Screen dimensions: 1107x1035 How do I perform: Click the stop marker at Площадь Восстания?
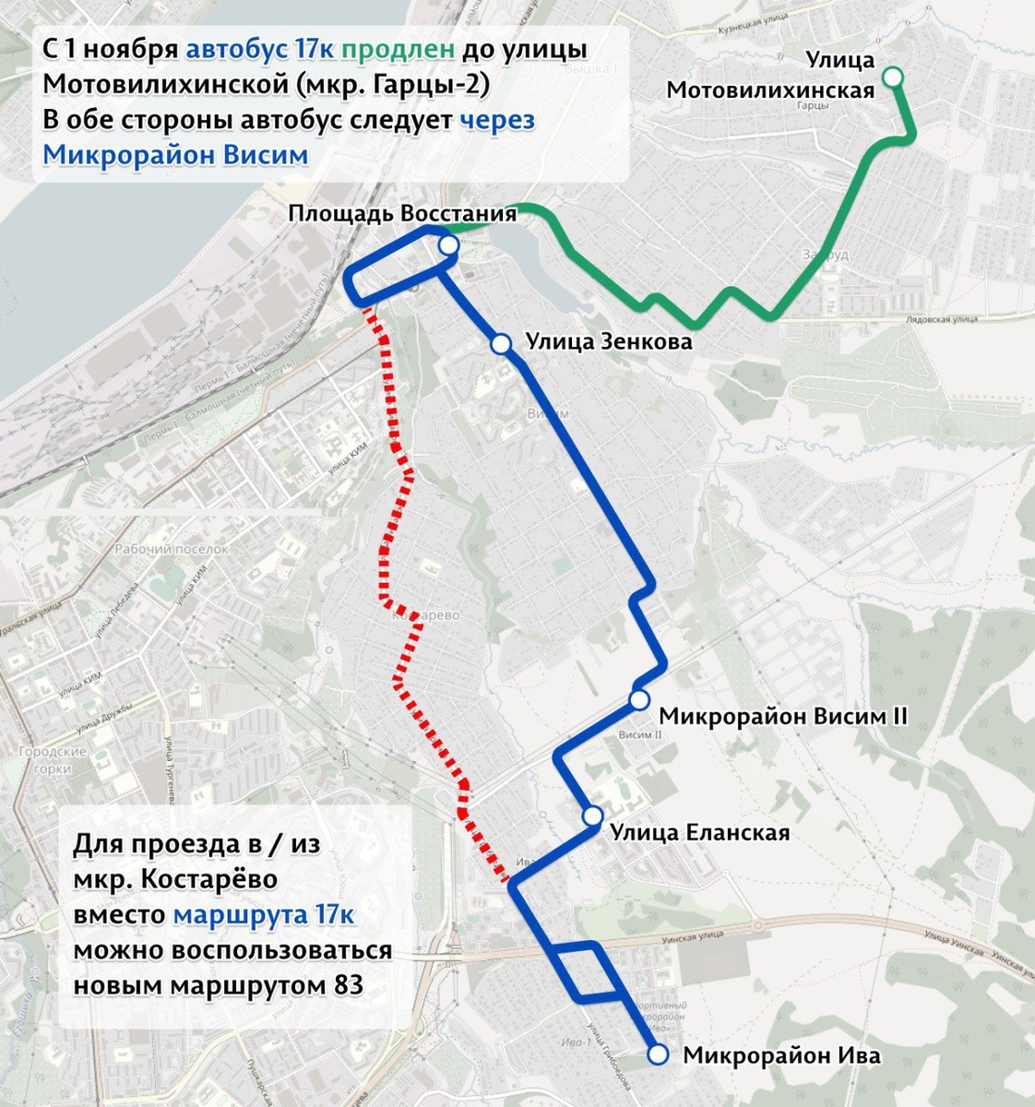tap(448, 244)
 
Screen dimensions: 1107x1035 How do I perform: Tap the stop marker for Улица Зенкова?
tap(501, 344)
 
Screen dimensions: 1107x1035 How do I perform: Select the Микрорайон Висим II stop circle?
tap(639, 700)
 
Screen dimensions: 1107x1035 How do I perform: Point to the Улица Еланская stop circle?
tap(592, 816)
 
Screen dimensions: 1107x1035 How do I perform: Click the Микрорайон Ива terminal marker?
tap(658, 1054)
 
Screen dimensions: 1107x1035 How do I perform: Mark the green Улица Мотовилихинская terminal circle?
tap(893, 77)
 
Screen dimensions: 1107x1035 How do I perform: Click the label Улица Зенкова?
tap(609, 342)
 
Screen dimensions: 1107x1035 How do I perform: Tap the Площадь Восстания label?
tap(402, 214)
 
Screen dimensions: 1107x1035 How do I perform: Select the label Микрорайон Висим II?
tap(783, 717)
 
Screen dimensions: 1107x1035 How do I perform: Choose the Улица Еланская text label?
tap(699, 832)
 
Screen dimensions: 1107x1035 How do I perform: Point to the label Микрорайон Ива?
tap(781, 1055)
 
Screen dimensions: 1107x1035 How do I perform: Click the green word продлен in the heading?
tap(404, 49)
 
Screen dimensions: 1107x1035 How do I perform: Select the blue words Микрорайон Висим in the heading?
tap(175, 154)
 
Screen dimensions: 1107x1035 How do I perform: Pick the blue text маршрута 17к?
tap(264, 915)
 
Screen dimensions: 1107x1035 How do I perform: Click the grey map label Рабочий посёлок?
tap(171, 549)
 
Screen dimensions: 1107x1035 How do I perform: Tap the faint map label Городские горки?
tap(53, 760)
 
